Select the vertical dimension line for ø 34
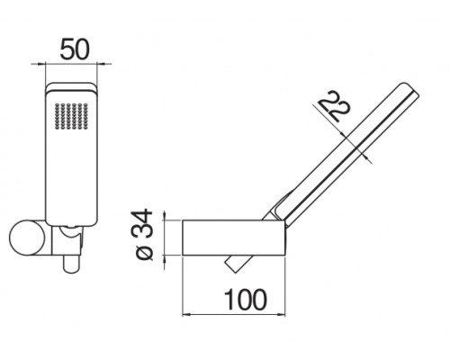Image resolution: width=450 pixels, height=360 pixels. [x=165, y=236]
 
